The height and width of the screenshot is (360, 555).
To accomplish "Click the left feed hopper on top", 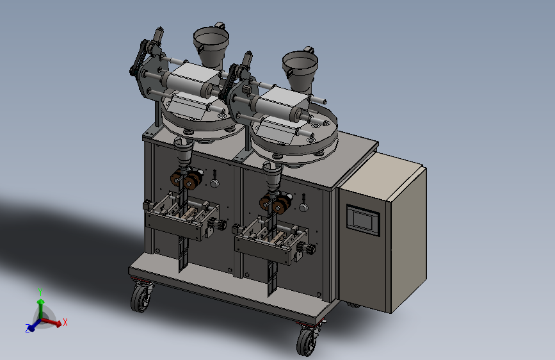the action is (x=211, y=46).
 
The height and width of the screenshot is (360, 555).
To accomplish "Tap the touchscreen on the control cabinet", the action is (x=363, y=220).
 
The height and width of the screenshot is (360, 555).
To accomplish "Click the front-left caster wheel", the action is (x=141, y=298).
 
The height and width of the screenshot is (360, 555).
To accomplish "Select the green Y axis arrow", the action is (x=41, y=309).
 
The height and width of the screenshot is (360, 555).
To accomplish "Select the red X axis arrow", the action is (x=51, y=322).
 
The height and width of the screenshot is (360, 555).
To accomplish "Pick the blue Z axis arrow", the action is (x=35, y=325).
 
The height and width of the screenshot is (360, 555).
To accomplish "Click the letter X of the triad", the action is (x=65, y=322).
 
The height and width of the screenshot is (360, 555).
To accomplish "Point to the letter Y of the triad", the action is (x=40, y=292).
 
